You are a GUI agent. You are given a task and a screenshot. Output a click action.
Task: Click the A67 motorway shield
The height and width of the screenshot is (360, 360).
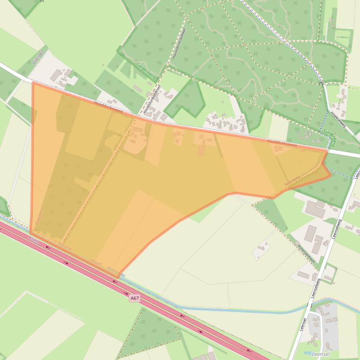click(135, 298)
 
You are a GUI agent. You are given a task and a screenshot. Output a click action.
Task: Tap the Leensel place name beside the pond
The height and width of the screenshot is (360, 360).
click(320, 354)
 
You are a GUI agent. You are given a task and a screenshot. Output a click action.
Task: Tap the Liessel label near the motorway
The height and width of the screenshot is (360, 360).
click(95, 262)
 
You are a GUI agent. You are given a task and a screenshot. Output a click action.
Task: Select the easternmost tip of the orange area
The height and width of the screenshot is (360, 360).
click(331, 175)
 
